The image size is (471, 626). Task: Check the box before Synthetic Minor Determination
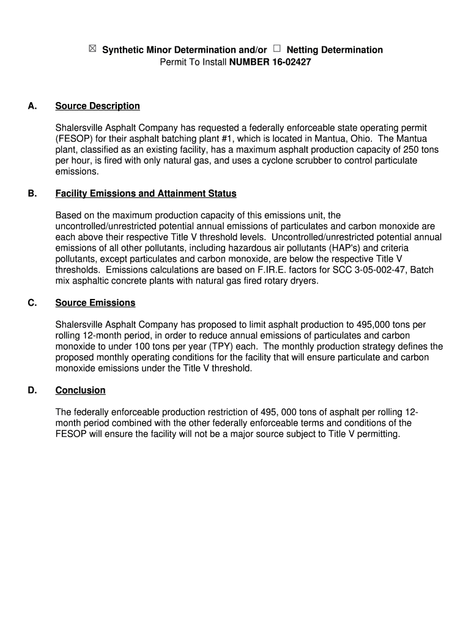[92, 49]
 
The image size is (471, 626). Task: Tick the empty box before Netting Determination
[278, 49]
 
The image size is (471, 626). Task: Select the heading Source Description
[97, 106]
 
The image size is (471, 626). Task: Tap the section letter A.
[32, 106]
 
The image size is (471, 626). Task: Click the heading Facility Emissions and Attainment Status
[146, 194]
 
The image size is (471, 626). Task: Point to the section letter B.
[32, 194]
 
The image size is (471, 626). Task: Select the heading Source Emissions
[95, 303]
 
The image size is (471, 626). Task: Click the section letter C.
[32, 303]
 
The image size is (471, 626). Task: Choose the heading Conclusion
[80, 390]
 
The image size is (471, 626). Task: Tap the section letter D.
[32, 390]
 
